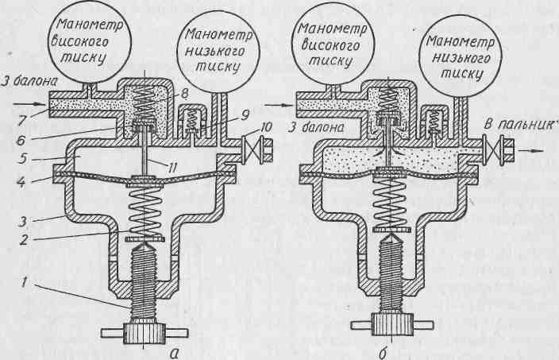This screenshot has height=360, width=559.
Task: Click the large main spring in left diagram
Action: pos(144,212)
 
